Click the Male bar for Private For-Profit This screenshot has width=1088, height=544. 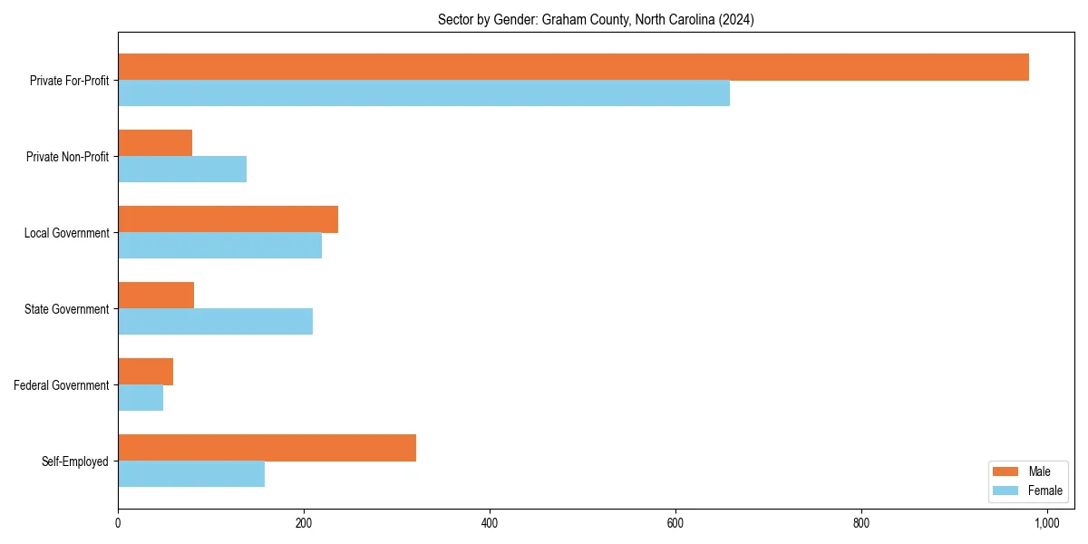[573, 67]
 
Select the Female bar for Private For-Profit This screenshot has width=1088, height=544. [423, 93]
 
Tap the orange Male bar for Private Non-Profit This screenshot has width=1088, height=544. [155, 143]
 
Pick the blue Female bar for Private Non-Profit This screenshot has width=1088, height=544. [182, 170]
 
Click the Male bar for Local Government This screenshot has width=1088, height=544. [228, 219]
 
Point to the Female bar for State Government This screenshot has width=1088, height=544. [215, 322]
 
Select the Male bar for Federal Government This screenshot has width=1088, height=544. [145, 372]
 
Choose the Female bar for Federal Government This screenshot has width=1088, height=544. [141, 398]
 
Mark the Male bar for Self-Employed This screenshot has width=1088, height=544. [267, 448]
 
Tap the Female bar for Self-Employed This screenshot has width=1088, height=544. [191, 474]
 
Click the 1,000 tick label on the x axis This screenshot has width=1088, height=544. [1047, 523]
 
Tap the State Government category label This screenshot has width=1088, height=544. [66, 309]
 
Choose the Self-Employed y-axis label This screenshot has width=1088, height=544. [74, 461]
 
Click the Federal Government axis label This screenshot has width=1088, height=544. [61, 385]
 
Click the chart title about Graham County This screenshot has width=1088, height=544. [596, 19]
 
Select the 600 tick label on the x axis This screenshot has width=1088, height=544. [675, 523]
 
